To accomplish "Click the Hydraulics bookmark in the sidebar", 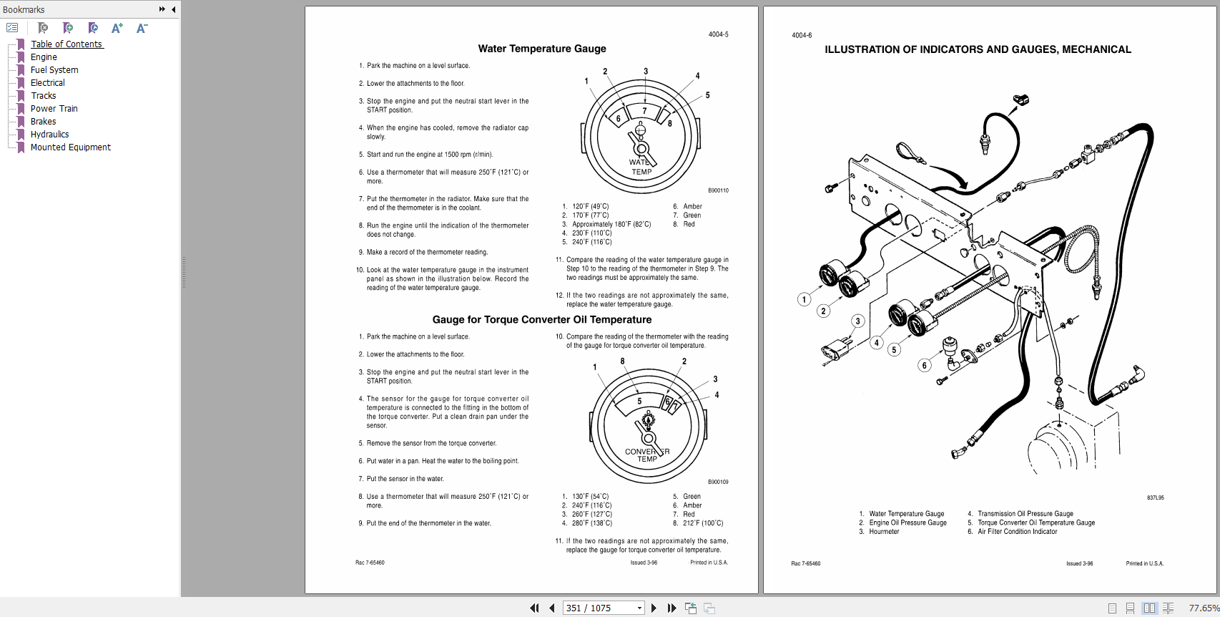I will click(x=49, y=135).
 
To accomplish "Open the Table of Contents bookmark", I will click(x=67, y=44).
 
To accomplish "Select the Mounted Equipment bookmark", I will click(x=70, y=147).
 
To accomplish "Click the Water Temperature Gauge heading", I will click(x=542, y=49).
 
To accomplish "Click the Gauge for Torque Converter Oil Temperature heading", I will click(x=542, y=320).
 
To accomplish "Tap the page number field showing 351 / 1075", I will click(x=599, y=608).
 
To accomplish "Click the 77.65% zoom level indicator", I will click(x=1203, y=608).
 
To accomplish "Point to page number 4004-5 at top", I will click(x=718, y=34).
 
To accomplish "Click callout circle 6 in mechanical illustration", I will click(x=924, y=366).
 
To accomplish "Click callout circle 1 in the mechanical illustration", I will click(x=804, y=300).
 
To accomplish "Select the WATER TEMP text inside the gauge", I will click(x=641, y=167).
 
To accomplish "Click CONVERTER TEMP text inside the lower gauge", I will click(x=646, y=455).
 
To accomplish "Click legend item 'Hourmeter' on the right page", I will click(x=884, y=532).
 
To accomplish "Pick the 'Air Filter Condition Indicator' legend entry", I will click(x=1017, y=532).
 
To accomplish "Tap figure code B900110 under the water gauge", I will click(x=718, y=190).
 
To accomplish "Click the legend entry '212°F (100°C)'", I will click(x=702, y=523).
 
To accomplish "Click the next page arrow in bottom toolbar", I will click(x=654, y=608).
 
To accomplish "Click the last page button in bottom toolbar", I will click(x=672, y=608).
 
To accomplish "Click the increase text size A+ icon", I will click(x=117, y=28).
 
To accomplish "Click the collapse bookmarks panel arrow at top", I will click(x=174, y=9).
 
